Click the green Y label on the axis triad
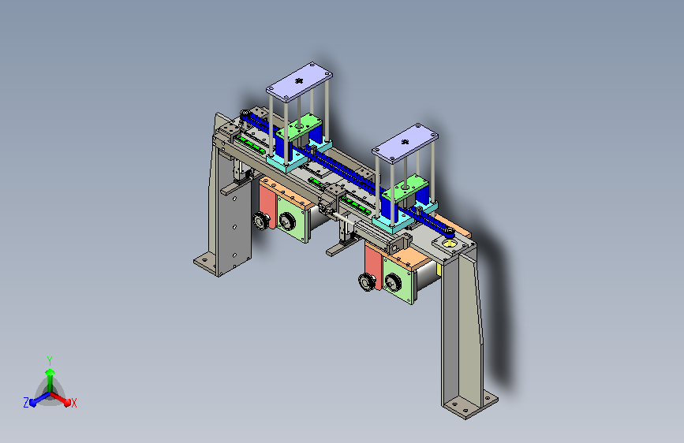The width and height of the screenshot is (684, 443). pos(50,360)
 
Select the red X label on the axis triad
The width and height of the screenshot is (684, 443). pos(73,403)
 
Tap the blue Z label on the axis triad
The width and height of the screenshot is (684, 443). pos(26,403)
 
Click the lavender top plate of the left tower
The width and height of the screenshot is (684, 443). pos(299,82)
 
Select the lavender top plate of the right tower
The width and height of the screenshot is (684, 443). pos(405,143)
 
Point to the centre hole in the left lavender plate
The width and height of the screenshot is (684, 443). pos(299,80)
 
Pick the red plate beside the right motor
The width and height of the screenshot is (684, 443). pos(373,266)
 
